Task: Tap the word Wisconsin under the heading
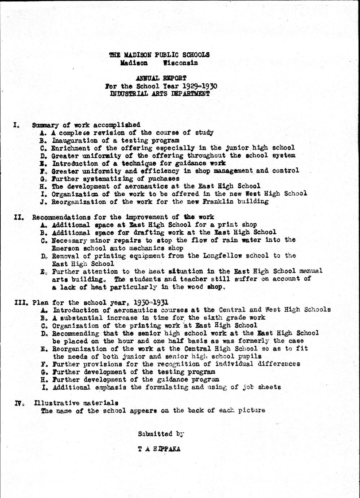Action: [x=180, y=63]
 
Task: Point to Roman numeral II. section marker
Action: [x=19, y=217]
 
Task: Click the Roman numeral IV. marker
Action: [x=19, y=403]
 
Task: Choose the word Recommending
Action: [x=76, y=333]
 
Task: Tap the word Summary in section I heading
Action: [x=45, y=125]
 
